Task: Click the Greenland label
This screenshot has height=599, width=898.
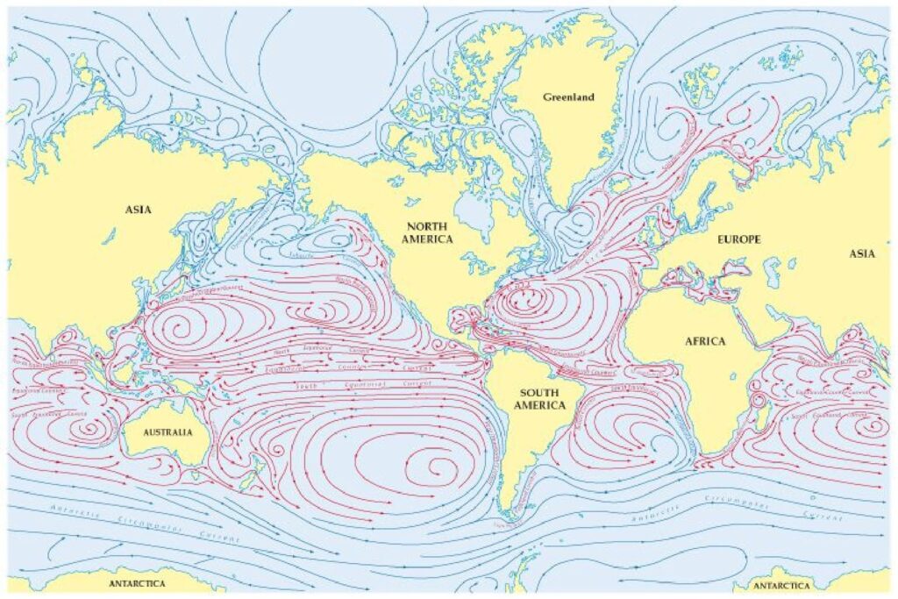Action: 568,97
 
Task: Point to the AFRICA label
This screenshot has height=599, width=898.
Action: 704,341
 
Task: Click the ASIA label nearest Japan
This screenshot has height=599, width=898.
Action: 138,210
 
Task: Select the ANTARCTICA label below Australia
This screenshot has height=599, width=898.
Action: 138,583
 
